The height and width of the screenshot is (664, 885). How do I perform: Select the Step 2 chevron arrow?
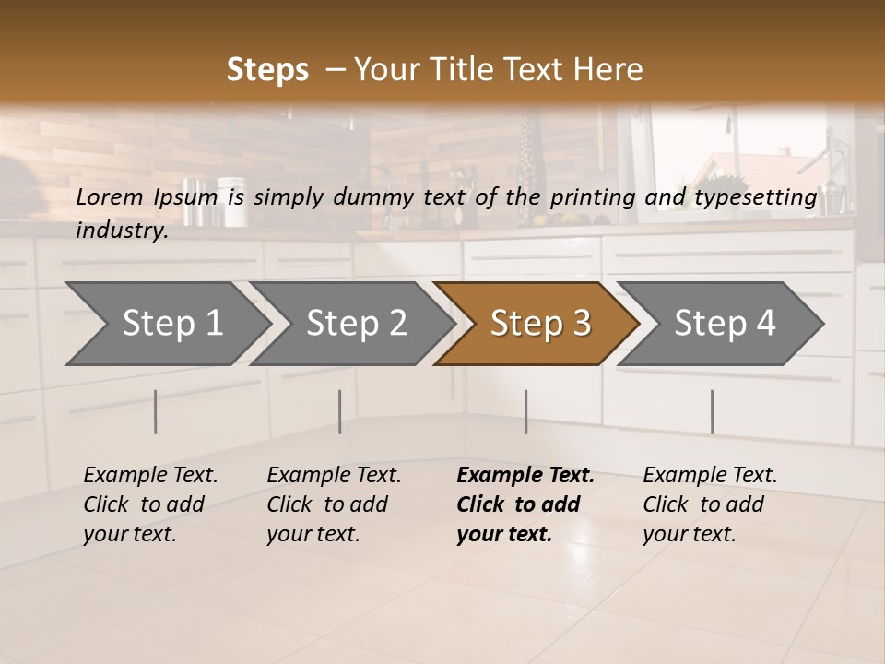point(355,324)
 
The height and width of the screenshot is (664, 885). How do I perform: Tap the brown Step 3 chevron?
point(539,324)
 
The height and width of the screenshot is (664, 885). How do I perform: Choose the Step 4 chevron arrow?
point(725,324)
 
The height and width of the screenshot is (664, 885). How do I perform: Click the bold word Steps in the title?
point(267,70)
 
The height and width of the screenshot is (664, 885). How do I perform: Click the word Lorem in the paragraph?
point(109,196)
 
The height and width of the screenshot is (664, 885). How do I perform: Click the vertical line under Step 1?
point(156,411)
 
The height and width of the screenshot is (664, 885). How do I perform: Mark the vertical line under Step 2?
point(340,411)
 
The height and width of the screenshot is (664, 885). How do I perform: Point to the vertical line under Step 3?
point(525,411)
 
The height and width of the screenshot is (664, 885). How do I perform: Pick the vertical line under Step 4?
point(712,411)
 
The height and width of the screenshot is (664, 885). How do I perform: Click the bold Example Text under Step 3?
point(525,476)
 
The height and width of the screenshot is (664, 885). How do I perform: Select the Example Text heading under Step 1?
point(150,476)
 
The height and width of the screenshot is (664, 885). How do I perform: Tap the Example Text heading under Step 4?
point(710,476)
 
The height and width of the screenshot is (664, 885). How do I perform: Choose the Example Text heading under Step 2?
point(334,476)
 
